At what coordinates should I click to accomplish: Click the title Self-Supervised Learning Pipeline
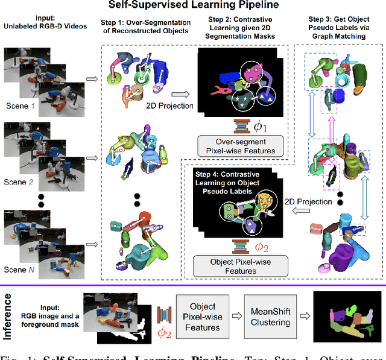[193, 7]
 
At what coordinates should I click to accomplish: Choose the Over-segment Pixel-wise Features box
[237, 147]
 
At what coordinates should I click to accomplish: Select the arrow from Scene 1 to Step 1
[92, 78]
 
